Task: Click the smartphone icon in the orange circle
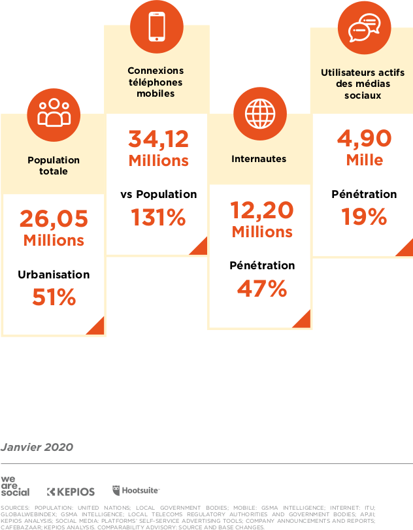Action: (157, 25)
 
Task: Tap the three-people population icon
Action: (54, 112)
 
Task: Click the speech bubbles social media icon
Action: (364, 27)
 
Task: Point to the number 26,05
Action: (54, 218)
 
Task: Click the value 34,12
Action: (158, 139)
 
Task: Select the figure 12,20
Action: (261, 210)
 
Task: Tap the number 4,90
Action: (364, 139)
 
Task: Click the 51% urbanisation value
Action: (54, 298)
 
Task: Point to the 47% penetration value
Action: (261, 289)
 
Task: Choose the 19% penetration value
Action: (364, 217)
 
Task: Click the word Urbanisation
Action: (54, 274)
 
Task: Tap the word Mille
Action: (364, 160)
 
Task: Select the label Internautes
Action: (259, 159)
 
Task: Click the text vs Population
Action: (158, 194)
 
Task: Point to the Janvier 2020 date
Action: (37, 447)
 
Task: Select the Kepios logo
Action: (71, 491)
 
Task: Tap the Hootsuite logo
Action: (136, 490)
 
